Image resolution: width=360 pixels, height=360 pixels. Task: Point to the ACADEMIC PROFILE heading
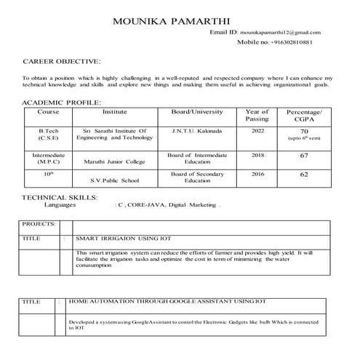63,103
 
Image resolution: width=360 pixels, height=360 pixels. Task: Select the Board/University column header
196,112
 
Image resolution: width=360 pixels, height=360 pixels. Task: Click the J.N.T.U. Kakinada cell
196,130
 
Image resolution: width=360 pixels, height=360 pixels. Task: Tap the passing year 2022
257,130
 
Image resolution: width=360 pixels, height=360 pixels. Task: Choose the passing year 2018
257,155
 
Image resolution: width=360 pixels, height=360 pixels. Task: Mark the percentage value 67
304,156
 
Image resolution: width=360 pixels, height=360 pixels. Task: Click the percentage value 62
304,175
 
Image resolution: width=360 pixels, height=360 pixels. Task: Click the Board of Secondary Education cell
196,177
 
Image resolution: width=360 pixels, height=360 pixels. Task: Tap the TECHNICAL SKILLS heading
59,197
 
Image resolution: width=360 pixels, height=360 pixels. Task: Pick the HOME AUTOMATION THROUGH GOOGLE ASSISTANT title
167,300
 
